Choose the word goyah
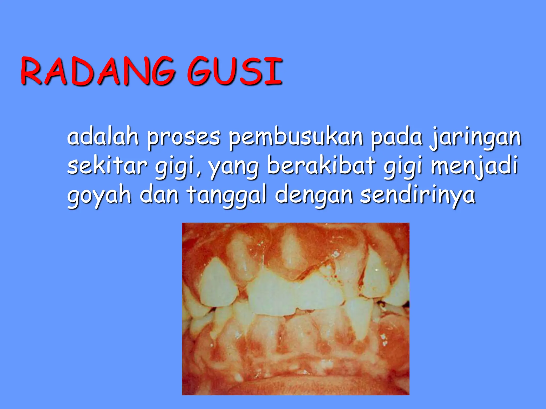point(99,196)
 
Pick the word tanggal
point(227,196)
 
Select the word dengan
point(314,196)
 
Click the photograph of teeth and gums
point(295,309)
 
